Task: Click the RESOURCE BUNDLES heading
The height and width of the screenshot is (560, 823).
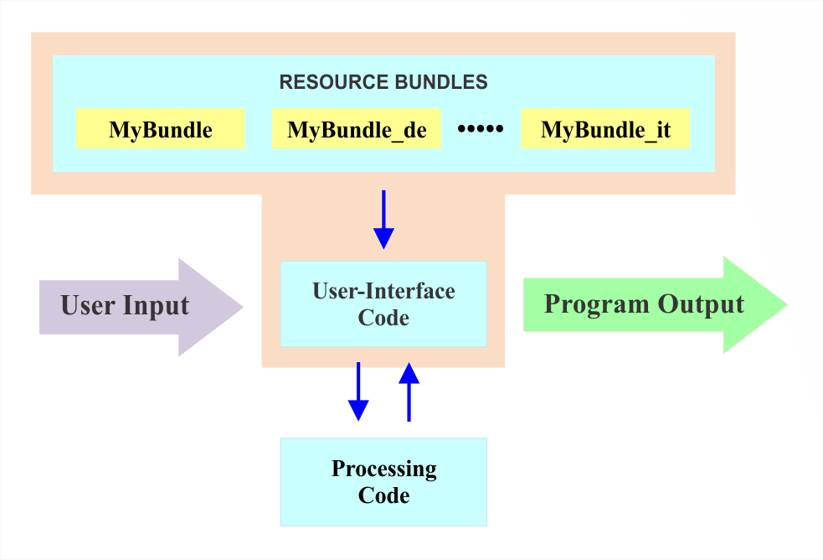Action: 383,82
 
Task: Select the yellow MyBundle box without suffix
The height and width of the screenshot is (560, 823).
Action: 160,130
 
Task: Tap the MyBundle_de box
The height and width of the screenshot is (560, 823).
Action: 357,130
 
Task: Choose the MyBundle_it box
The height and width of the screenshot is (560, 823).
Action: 604,130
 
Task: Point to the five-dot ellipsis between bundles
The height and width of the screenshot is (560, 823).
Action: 481,129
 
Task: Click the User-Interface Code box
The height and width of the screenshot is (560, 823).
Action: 383,303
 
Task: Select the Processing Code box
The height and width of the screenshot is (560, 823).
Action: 383,481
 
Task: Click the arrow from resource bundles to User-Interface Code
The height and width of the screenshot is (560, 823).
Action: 383,220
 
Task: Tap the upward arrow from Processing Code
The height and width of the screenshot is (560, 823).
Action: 409,391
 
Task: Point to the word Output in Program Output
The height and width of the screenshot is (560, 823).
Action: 702,303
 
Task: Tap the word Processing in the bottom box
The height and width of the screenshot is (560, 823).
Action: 383,468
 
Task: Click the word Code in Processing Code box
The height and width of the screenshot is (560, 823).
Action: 383,495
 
